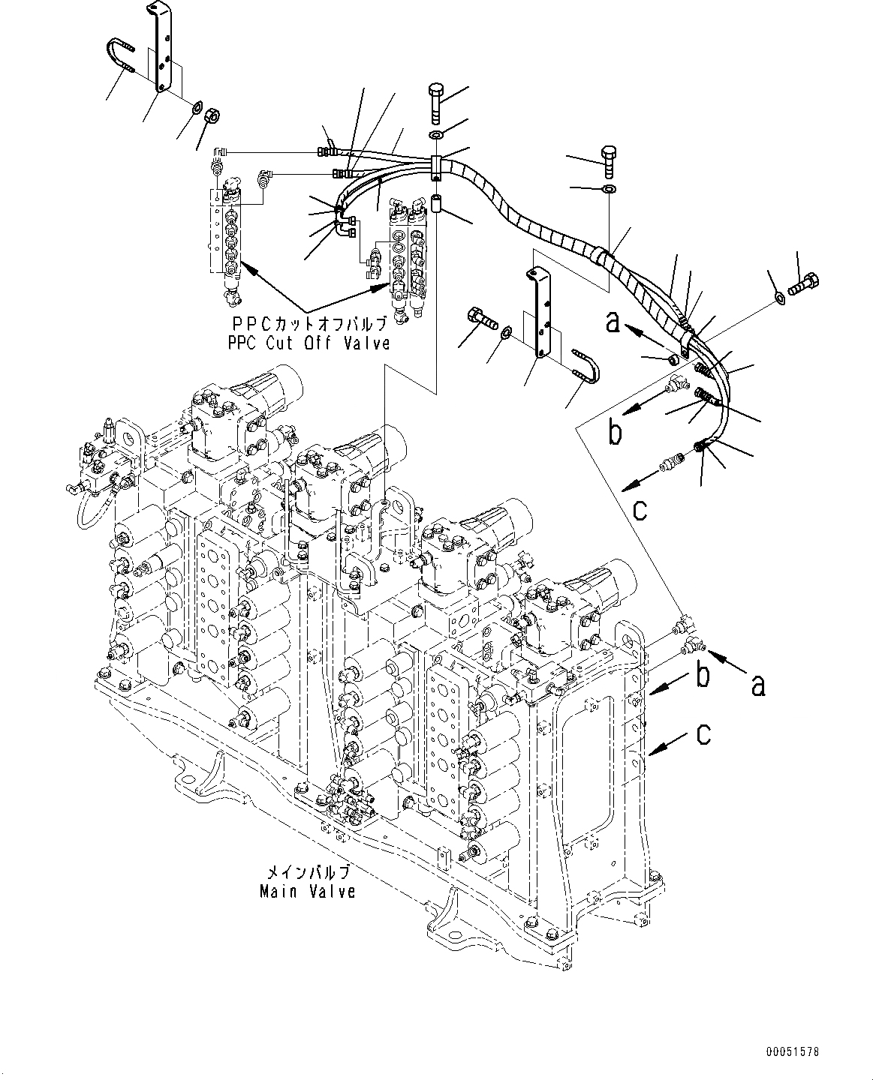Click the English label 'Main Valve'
(307, 892)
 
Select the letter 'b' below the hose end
(615, 433)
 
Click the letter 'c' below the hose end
(640, 510)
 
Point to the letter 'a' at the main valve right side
(759, 684)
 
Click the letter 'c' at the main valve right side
(703, 734)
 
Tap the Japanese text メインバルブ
(309, 873)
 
